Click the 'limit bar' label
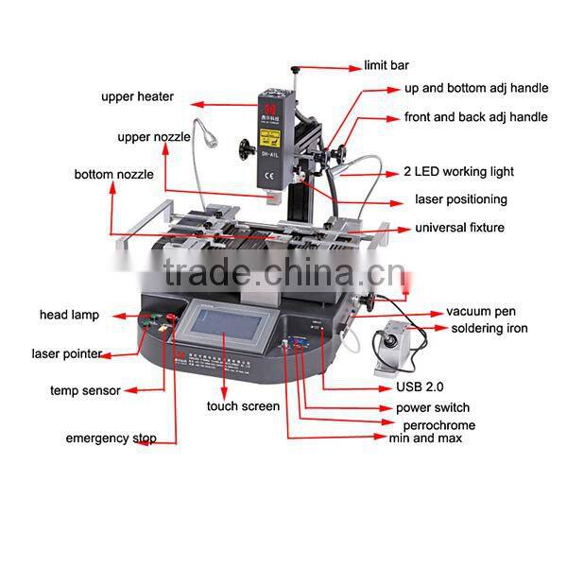coord(387,66)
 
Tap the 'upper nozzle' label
coord(153,137)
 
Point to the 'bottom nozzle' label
coord(113,175)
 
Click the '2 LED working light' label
coord(458,172)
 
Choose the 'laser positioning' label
coord(461,199)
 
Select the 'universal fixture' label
coord(460,228)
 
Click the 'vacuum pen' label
coord(481,312)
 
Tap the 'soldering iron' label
coord(488,328)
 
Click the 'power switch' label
coord(432,408)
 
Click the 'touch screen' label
coord(243,406)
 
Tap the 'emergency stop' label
coord(111,438)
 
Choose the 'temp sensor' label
coord(85,389)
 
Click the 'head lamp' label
coord(69,315)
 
